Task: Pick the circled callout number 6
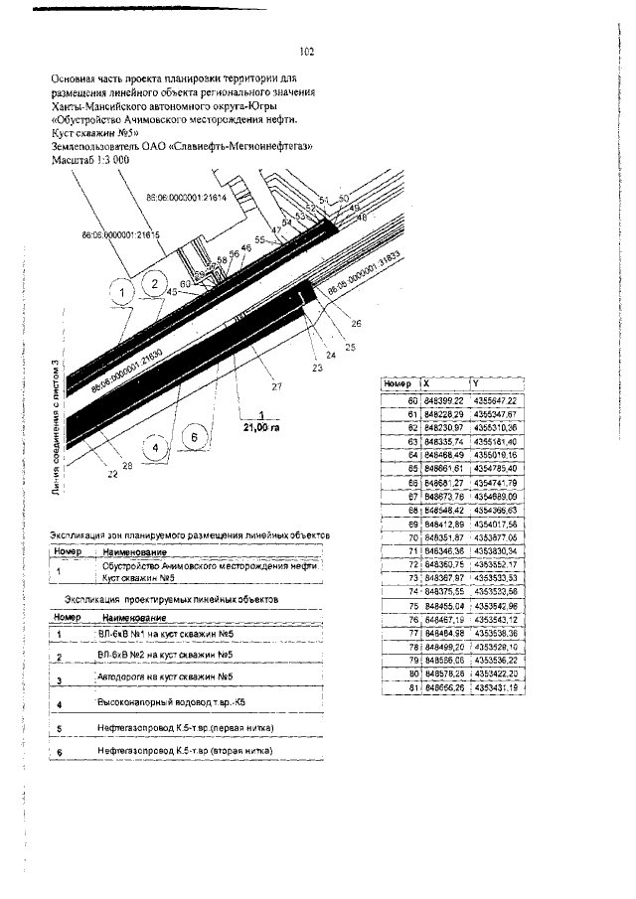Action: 196,436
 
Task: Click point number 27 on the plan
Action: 277,385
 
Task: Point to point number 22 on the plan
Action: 112,474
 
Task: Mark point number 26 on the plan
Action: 356,322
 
